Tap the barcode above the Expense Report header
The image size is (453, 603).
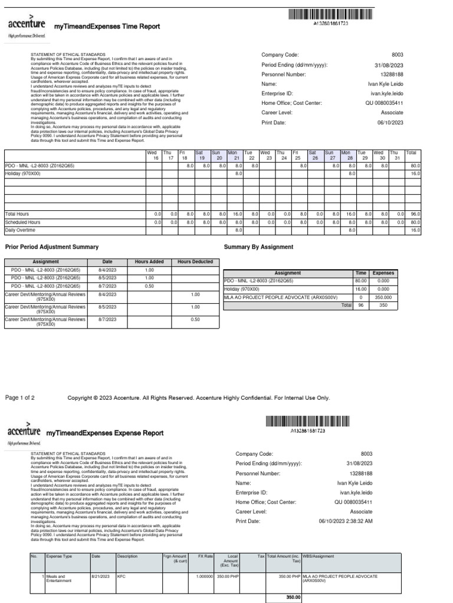307,421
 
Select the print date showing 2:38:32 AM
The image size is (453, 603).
345,521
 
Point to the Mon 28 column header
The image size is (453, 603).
349,155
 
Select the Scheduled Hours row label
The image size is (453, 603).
22,223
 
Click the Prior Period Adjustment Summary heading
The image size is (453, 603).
52,247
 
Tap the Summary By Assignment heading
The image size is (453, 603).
259,247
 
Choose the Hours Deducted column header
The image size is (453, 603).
195,262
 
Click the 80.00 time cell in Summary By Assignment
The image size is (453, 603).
360,281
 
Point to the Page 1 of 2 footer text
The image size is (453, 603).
20,398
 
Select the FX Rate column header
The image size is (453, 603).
205,556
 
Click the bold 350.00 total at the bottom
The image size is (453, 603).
293,597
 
